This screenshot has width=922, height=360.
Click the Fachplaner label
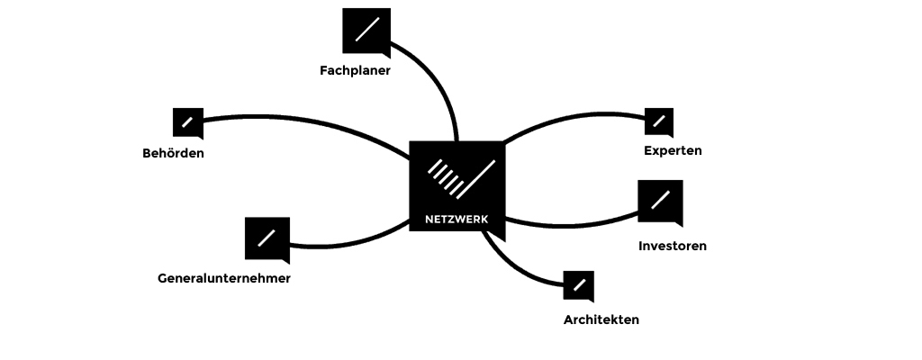pos(355,70)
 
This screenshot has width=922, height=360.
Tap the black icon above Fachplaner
pos(366,30)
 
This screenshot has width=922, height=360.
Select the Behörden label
pos(173,153)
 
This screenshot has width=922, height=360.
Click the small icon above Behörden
pos(187,122)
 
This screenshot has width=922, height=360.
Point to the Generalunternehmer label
pos(224,278)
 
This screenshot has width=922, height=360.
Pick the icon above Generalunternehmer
pos(267,238)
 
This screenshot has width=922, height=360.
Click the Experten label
pos(673,150)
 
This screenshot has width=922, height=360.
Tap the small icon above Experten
pos(659,122)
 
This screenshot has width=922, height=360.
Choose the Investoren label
pos(673,246)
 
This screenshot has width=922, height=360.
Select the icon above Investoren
pos(660,202)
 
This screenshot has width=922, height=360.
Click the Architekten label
pos(601,319)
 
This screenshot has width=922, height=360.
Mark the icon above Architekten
pos(578,285)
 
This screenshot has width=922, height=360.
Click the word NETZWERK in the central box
pos(456,218)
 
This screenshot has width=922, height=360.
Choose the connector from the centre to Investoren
pos(576,224)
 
